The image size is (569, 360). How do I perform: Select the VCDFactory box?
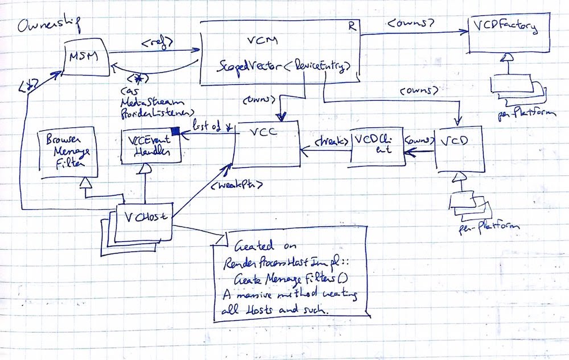pyautogui.click(x=509, y=35)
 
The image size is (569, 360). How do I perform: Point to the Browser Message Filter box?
pyautogui.click(x=65, y=154)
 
